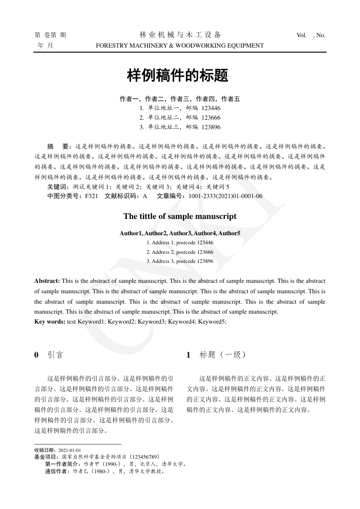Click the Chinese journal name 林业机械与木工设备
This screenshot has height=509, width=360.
tap(180, 35)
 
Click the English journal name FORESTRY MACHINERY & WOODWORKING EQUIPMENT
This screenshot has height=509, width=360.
tap(180, 45)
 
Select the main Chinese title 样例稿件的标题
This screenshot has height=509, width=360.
tap(177, 76)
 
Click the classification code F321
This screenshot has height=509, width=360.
tap(91, 196)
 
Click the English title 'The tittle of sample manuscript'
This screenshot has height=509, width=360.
tap(180, 216)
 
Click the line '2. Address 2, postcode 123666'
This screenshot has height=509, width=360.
tap(180, 252)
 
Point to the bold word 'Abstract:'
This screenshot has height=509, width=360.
tap(47, 281)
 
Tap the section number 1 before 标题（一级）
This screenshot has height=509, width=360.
tap(189, 355)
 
